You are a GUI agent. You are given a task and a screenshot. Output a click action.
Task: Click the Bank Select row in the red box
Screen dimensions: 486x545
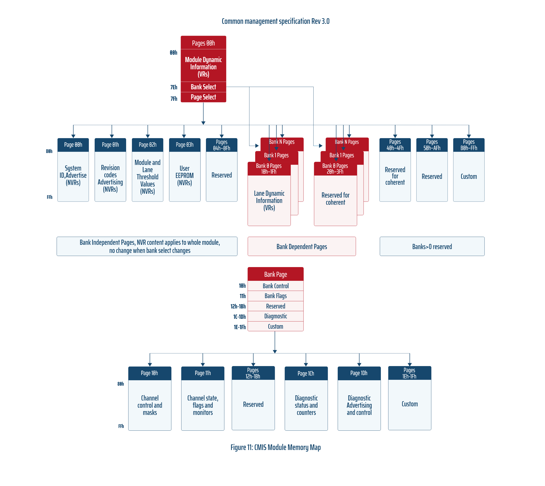[203, 87]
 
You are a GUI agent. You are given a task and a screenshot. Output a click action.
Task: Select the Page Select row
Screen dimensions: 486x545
[203, 97]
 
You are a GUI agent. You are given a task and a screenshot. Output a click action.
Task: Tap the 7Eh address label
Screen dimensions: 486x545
[174, 87]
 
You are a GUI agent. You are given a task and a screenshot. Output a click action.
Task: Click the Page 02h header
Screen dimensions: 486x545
[147, 145]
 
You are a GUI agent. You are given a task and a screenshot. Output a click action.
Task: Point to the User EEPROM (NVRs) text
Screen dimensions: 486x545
[185, 176]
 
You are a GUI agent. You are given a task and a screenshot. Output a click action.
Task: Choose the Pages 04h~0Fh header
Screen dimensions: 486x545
[221, 145]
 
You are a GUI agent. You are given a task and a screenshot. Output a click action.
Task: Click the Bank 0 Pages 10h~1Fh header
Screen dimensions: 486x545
[269, 169]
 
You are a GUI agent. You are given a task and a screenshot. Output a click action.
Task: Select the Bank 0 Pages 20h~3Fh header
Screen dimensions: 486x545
[335, 169]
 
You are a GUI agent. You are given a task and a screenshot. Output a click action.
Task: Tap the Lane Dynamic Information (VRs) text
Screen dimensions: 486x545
[269, 200]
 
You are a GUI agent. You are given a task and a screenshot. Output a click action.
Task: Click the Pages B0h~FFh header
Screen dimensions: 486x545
[469, 145]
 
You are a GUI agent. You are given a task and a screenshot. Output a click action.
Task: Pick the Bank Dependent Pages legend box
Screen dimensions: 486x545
[302, 246]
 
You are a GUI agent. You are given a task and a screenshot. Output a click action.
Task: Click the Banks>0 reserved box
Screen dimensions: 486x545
[432, 246]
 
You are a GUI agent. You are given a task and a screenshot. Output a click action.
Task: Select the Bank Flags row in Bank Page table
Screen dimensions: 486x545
[276, 296]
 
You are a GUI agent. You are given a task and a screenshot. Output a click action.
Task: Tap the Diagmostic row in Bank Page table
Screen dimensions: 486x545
[276, 316]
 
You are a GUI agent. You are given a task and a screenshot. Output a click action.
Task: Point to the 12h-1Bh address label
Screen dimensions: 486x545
[238, 306]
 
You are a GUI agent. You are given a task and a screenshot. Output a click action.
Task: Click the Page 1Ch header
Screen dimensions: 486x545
[306, 373]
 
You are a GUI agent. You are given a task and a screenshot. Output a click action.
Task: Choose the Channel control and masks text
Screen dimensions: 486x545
[150, 405]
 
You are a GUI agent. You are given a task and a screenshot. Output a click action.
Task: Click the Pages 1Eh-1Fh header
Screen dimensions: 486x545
[409, 373]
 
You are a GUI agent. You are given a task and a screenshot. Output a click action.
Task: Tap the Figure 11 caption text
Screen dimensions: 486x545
[276, 447]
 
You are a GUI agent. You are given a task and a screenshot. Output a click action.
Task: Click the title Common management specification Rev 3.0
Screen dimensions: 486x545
[276, 21]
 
